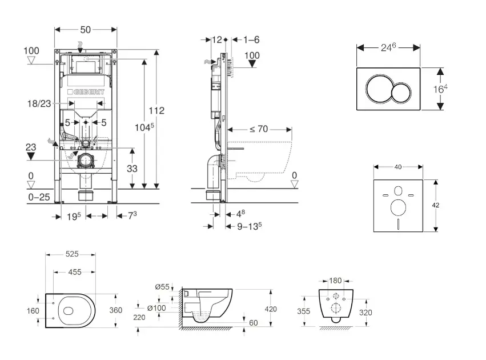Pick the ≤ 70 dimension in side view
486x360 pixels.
click(259, 129)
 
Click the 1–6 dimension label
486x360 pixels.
click(251, 39)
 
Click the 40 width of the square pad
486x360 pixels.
click(398, 167)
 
